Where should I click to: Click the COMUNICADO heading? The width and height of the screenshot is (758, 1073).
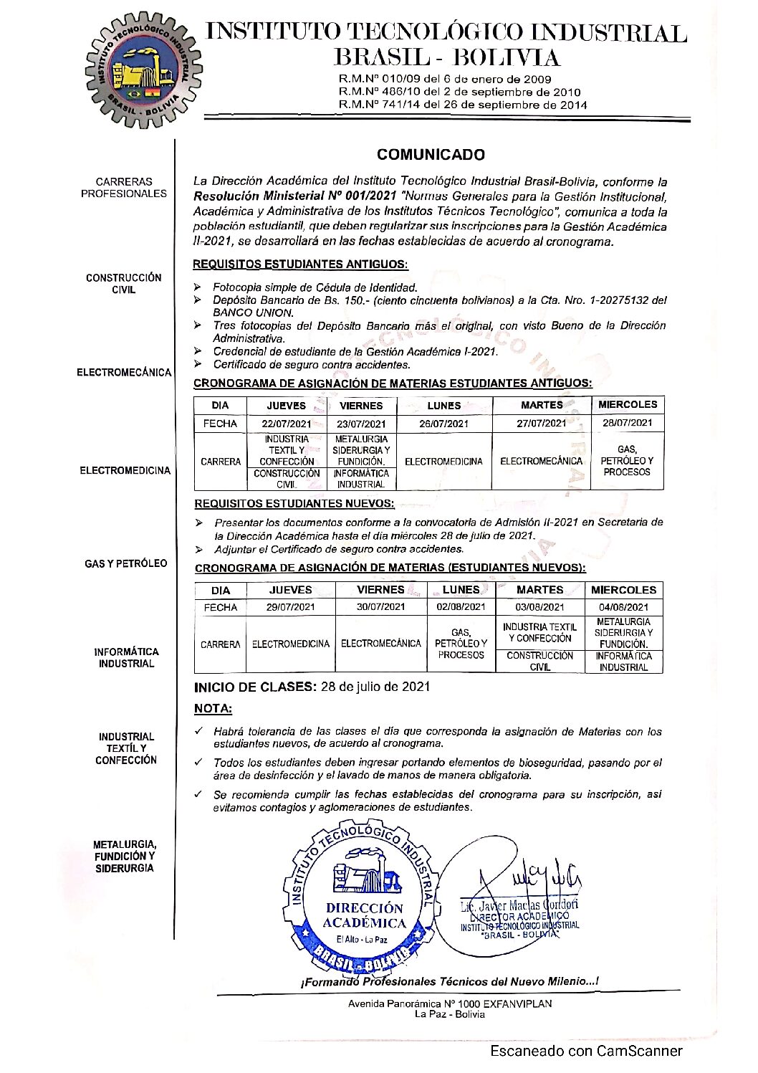point(431,155)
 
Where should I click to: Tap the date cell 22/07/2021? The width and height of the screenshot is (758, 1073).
point(286,424)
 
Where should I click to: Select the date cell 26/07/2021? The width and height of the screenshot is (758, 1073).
point(443,424)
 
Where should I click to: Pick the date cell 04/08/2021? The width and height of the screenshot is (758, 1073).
point(623,607)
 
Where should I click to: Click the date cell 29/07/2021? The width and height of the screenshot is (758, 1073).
point(290,607)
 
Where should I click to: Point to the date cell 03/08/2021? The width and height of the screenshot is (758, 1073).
point(539,607)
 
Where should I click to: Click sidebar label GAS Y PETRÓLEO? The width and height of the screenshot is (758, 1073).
point(125,564)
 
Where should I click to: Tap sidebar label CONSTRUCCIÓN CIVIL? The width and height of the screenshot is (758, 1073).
point(124,284)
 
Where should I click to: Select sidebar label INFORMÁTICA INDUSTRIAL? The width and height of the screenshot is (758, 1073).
point(126,658)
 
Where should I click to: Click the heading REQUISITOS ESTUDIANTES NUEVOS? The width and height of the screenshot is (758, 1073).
point(294,504)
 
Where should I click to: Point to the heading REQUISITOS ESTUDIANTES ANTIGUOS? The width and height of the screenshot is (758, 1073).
point(301,264)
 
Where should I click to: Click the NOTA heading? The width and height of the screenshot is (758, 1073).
point(213,709)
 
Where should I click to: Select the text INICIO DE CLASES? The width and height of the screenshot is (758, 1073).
point(254,687)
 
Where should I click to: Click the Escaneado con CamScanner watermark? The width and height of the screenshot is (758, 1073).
point(586,1051)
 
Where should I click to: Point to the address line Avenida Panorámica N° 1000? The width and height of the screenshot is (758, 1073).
point(450,1003)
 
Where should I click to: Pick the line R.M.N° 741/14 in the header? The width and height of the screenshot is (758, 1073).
point(462,105)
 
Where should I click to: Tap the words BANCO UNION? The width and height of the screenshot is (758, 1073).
point(253,313)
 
